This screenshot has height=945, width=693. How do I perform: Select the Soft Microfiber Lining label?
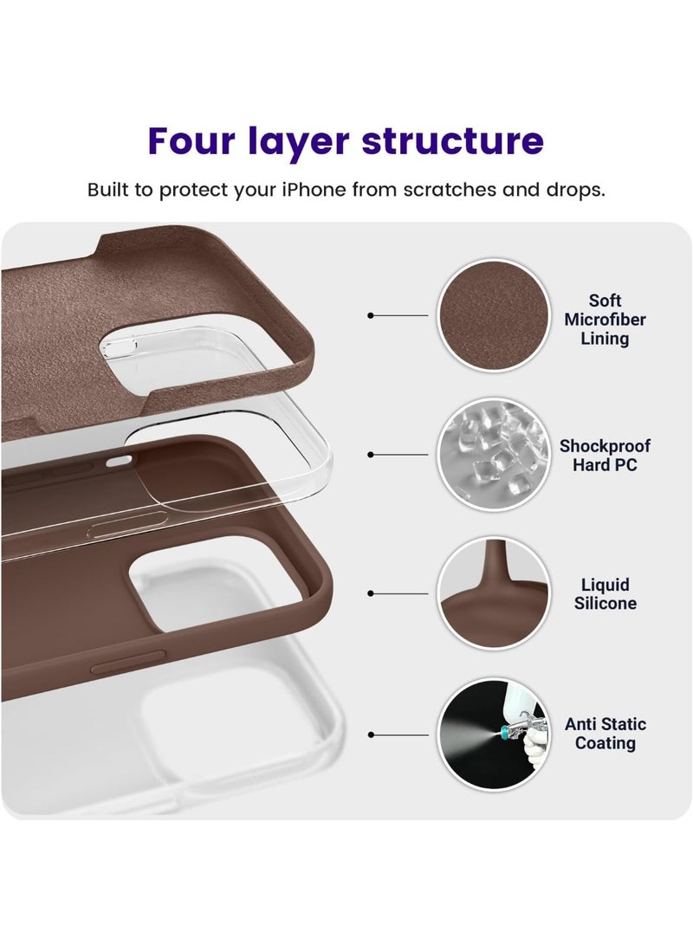605,320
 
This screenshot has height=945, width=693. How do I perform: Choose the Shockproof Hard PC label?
605,456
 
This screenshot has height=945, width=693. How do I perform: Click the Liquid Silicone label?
605,594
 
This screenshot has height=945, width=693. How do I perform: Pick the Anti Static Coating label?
606,734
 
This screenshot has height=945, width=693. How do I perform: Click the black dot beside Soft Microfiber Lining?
371,316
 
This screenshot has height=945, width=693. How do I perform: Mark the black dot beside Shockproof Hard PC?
371,454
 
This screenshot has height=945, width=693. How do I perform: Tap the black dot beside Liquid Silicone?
371,593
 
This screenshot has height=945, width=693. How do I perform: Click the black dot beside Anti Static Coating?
371,735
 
